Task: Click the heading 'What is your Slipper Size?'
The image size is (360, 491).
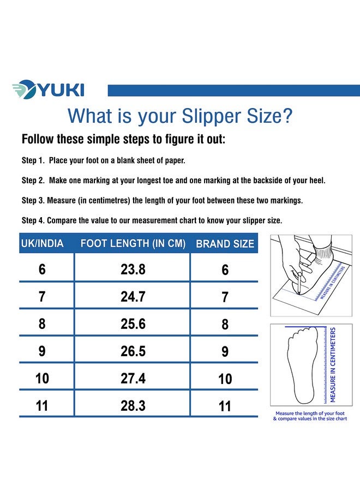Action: point(179,116)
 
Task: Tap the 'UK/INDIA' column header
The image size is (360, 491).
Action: point(42,243)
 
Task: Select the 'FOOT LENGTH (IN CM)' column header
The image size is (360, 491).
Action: point(133,243)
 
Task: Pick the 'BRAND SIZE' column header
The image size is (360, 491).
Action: point(225,244)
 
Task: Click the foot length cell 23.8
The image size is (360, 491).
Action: point(133,270)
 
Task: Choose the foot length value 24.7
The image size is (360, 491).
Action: point(133,297)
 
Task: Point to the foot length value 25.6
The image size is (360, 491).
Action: point(133,324)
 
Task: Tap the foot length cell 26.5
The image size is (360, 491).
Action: point(133,351)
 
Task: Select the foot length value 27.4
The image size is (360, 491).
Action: point(133,379)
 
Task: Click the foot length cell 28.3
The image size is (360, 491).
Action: point(133,406)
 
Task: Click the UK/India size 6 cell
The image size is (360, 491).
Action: point(42,270)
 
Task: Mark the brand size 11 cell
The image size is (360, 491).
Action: point(225,406)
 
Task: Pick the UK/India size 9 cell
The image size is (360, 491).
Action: point(42,351)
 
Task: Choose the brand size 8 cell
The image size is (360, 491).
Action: point(225,324)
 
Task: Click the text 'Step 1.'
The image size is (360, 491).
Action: point(33,161)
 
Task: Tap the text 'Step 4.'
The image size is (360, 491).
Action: point(33,220)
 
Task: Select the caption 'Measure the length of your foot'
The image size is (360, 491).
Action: point(310,413)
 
